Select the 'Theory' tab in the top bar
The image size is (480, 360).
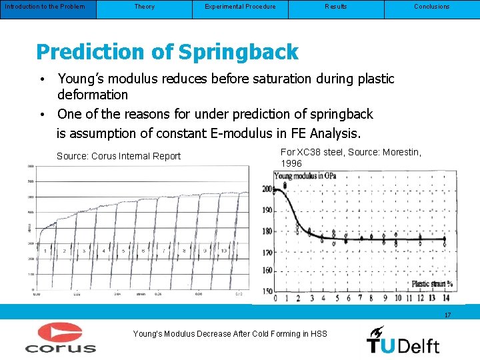[144, 7]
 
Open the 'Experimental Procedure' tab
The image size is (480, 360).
[240, 7]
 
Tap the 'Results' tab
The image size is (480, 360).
[336, 7]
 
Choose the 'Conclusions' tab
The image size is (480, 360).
[432, 7]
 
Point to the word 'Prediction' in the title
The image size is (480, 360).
[89, 52]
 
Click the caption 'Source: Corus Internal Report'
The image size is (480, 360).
[119, 156]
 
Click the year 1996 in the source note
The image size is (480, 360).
[291, 163]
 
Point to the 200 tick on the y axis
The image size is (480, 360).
[267, 190]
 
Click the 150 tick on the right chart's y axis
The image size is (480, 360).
[267, 291]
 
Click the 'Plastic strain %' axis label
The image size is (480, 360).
[432, 284]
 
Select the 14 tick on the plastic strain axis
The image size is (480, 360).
[446, 298]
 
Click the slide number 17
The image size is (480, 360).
[448, 315]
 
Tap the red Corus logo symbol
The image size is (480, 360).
[60, 332]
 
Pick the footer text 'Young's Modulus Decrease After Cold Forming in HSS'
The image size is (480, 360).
[230, 333]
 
